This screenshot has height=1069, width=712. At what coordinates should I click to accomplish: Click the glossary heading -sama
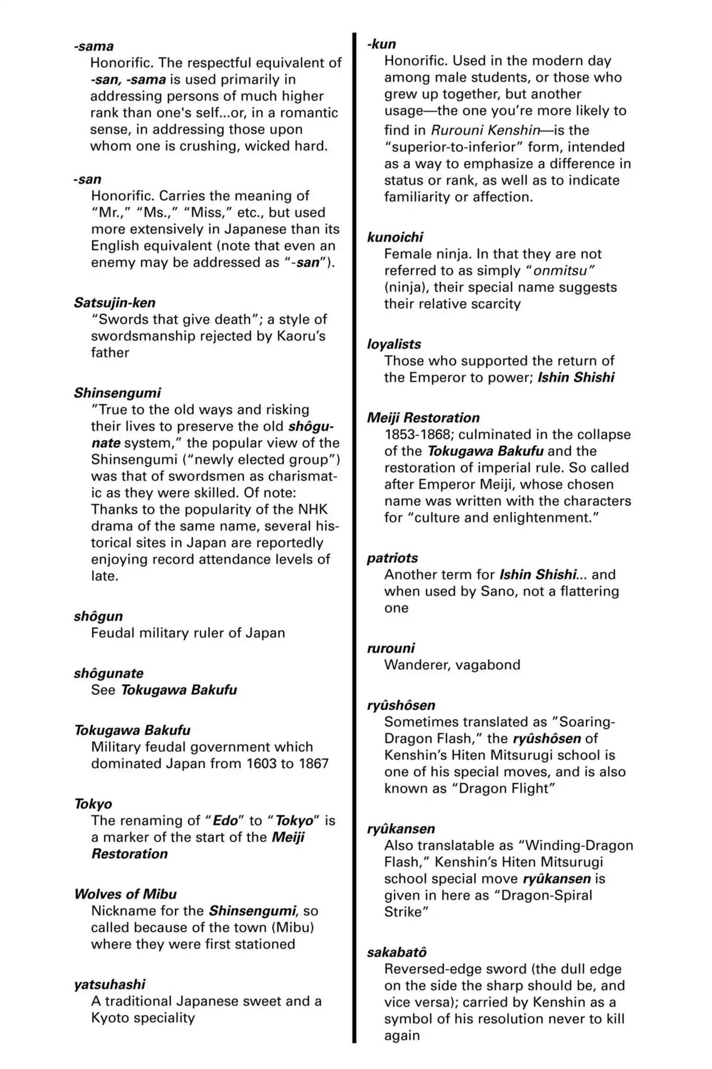click(94, 46)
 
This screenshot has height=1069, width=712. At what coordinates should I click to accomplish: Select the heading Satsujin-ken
click(115, 303)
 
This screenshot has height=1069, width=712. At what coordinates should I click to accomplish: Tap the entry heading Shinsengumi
click(117, 393)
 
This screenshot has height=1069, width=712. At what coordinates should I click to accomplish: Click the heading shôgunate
click(108, 673)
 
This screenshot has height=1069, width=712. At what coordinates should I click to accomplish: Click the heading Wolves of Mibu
click(126, 894)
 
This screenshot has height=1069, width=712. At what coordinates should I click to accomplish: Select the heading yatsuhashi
click(110, 984)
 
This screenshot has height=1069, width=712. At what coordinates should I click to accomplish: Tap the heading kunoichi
click(395, 237)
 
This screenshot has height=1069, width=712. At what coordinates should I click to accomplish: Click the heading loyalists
click(394, 345)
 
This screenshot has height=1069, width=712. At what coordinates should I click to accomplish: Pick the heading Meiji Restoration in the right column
click(423, 418)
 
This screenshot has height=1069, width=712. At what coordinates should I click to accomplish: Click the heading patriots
click(392, 558)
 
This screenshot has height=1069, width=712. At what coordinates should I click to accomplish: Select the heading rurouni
click(391, 648)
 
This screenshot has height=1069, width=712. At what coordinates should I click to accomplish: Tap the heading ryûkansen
click(401, 829)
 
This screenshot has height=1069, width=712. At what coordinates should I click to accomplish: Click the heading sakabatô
click(396, 953)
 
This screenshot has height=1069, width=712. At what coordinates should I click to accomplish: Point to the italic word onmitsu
click(563, 271)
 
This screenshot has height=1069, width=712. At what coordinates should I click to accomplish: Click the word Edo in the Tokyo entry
click(225, 821)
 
